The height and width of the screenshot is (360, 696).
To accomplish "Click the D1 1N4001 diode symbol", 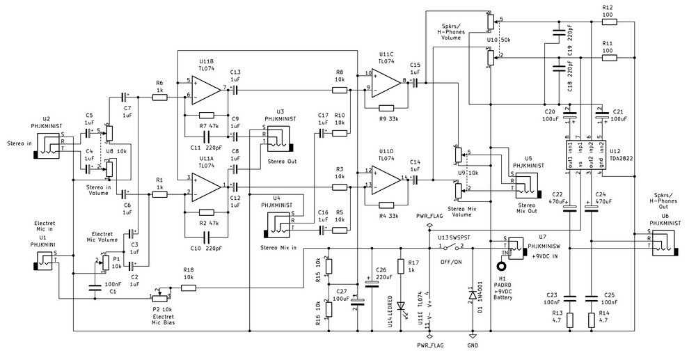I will [x=473, y=295].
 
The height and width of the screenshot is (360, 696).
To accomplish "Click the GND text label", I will [x=473, y=345].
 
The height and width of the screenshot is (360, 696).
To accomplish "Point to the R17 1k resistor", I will [x=401, y=266].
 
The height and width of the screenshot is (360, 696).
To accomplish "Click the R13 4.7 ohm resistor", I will [x=570, y=320].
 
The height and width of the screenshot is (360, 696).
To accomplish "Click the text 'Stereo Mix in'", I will [x=278, y=247].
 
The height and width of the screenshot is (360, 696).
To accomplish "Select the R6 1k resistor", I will [x=159, y=97].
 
